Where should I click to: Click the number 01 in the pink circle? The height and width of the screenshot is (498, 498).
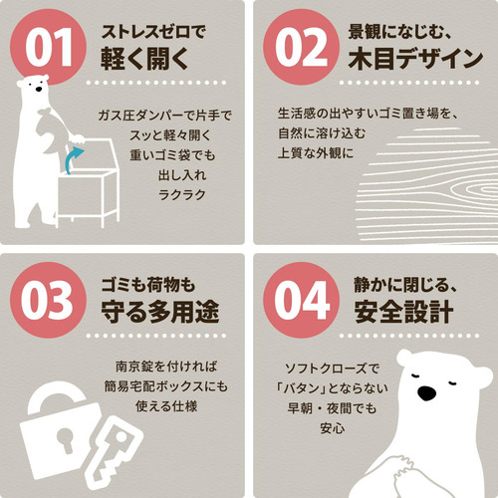click(49, 47)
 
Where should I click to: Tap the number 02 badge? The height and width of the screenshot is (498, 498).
click(301, 47)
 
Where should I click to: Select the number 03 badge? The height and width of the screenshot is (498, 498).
click(49, 300)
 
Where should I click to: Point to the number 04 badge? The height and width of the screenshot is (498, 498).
click(301, 300)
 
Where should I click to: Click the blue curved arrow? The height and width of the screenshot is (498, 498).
click(71, 158)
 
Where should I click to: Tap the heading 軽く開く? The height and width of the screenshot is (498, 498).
click(144, 59)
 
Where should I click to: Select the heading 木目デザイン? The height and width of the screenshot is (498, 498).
click(415, 59)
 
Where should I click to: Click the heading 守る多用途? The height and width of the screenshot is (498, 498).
click(160, 312)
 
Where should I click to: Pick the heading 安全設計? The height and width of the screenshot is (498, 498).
click(403, 312)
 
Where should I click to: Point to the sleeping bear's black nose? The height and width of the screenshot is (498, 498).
click(426, 392)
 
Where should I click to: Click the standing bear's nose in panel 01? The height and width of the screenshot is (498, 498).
click(39, 89)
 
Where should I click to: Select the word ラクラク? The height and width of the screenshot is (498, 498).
click(182, 195)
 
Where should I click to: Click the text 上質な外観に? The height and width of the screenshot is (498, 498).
click(316, 153)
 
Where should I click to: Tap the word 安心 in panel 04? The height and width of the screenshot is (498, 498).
click(333, 428)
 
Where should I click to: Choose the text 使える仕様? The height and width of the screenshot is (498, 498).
click(166, 406)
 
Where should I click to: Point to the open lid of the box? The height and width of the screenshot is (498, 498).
click(90, 156)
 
